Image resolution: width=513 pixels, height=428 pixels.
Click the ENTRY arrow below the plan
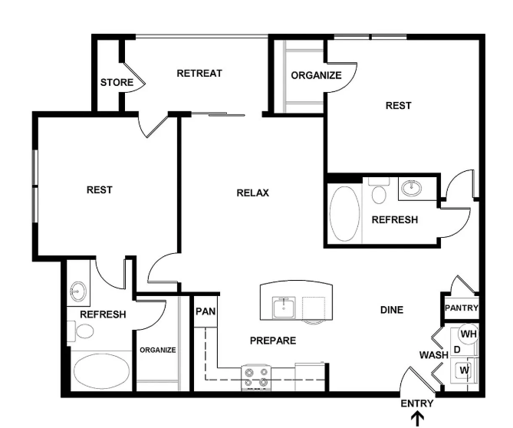[417, 419]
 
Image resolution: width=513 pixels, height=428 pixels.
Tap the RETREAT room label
[199, 74]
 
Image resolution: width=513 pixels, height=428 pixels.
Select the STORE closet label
[117, 83]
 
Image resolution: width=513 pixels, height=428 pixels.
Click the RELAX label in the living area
[252, 193]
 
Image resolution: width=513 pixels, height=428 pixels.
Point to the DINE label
[392, 310]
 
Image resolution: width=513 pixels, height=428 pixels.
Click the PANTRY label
[462, 308]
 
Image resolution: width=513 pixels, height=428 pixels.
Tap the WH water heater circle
[469, 334]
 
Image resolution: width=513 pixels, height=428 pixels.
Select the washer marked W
[464, 370]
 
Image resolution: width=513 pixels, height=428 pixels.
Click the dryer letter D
[457, 350]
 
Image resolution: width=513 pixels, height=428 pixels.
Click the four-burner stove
[256, 377]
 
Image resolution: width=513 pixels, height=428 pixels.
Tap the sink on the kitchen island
[284, 307]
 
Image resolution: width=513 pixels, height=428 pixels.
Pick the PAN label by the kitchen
[206, 311]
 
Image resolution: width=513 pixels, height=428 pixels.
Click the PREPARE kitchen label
[273, 341]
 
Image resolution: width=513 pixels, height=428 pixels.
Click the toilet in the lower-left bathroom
[81, 331]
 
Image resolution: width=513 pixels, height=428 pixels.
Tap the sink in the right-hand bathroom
[412, 188]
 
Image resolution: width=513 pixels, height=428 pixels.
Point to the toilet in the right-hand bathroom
[379, 191]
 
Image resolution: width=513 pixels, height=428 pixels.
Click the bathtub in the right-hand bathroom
[344, 214]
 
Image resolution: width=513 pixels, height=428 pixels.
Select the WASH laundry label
[434, 354]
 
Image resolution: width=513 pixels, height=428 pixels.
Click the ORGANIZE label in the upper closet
[316, 76]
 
